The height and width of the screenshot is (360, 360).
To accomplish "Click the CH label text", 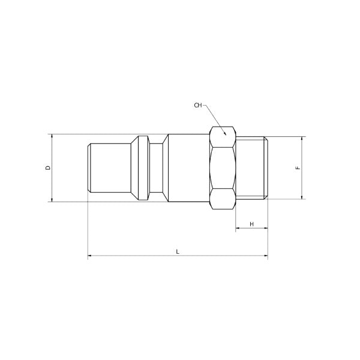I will [x=198, y=106].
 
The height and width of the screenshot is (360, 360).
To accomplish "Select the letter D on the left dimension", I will [x=48, y=169].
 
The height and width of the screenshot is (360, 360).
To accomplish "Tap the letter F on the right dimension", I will [x=298, y=168].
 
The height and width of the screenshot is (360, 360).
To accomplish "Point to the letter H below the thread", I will [x=251, y=224].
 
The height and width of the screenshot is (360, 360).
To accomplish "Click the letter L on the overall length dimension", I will [x=178, y=251].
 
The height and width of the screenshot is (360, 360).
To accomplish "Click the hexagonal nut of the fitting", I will [x=222, y=168].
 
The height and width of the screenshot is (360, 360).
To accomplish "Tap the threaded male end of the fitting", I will [x=252, y=168].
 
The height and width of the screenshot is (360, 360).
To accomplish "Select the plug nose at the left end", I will [x=110, y=168].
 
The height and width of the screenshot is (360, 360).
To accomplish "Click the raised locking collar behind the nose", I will [x=142, y=168].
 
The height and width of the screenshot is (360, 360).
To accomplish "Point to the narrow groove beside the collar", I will [x=156, y=168].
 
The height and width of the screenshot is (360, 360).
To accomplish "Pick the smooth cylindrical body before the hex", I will [x=187, y=168].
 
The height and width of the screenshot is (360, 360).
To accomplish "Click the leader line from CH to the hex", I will [x=213, y=117].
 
